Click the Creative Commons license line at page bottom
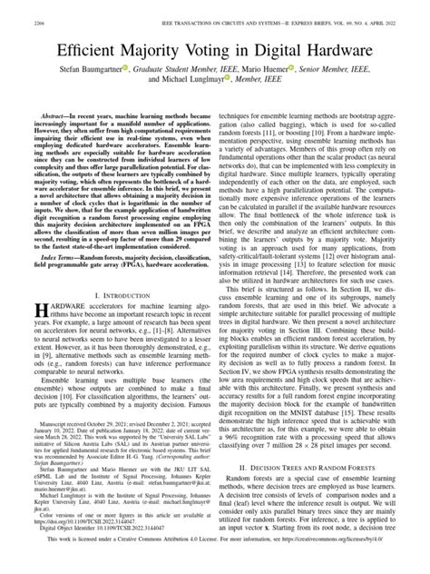[215, 563]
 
